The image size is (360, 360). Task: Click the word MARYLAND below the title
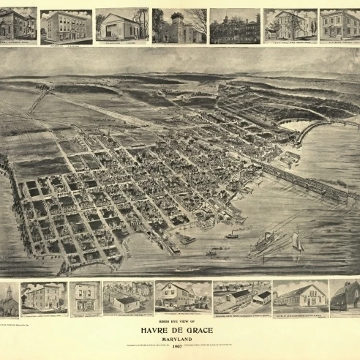click(179, 338)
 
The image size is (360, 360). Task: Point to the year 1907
click(179, 347)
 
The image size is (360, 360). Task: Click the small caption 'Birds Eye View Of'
click(179, 321)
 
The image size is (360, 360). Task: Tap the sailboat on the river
click(297, 241)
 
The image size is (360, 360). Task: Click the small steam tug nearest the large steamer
click(232, 235)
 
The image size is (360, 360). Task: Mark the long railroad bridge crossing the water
click(307, 183)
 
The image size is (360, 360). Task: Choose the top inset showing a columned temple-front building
click(121, 26)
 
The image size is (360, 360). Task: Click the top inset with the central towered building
click(179, 26)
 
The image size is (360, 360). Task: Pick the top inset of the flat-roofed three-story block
click(66, 26)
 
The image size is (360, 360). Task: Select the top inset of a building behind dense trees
click(234, 26)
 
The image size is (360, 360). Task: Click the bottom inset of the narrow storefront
click(86, 298)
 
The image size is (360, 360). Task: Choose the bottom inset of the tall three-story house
click(43, 298)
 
